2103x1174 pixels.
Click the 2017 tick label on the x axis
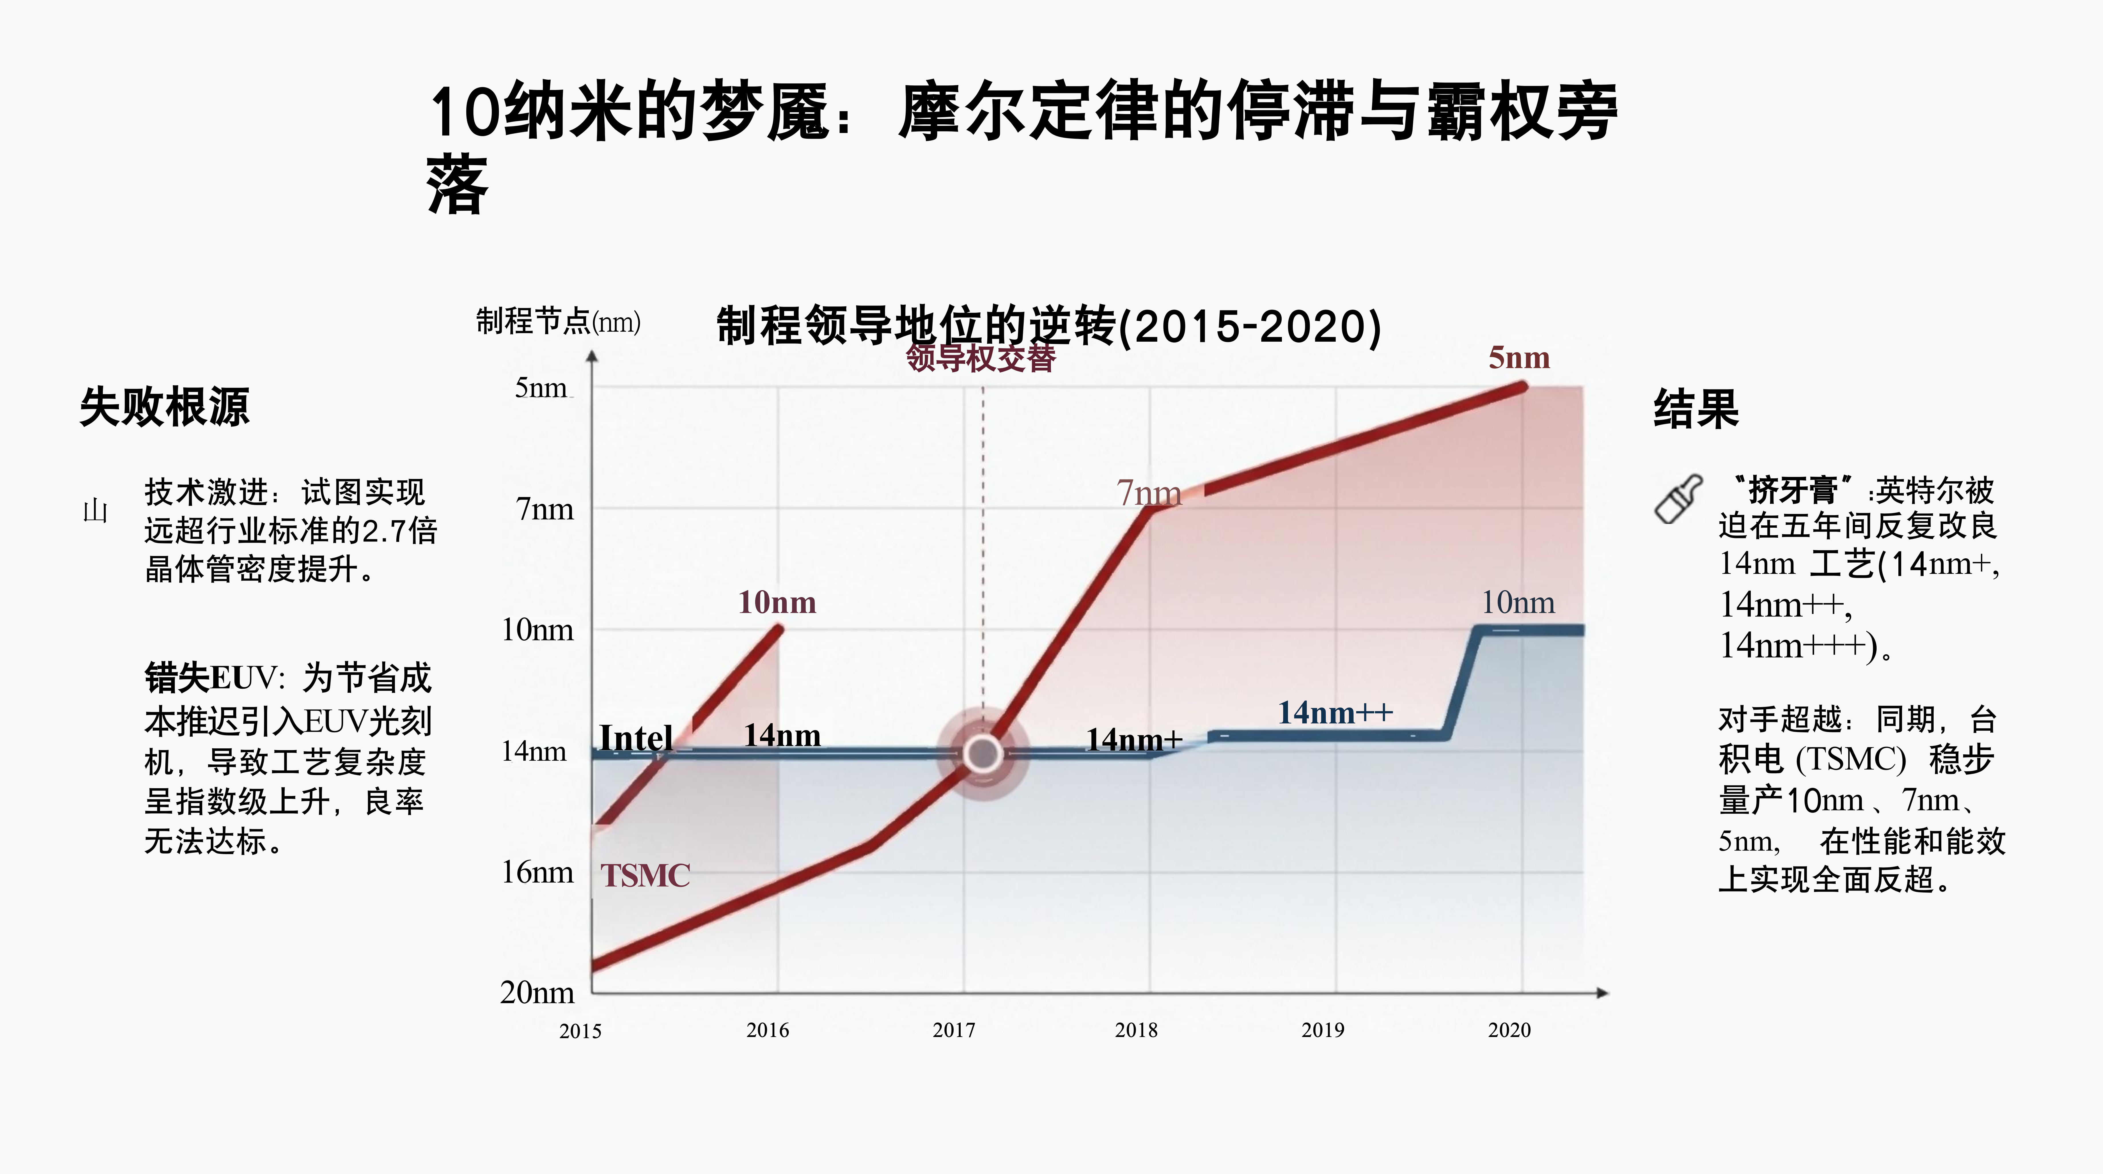tap(953, 1030)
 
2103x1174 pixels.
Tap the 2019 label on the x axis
tap(1323, 1030)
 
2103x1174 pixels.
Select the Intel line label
tap(636, 738)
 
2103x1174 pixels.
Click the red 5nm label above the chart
tap(1518, 358)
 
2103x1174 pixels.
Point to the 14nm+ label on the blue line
tap(1133, 740)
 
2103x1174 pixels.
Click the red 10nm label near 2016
tap(776, 602)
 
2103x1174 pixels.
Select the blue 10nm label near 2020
tap(1518, 602)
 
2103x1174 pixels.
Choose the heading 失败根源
tap(164, 407)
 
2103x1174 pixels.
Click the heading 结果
tap(1696, 408)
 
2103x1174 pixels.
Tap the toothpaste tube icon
tap(1678, 499)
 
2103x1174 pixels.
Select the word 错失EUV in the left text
tap(211, 678)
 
